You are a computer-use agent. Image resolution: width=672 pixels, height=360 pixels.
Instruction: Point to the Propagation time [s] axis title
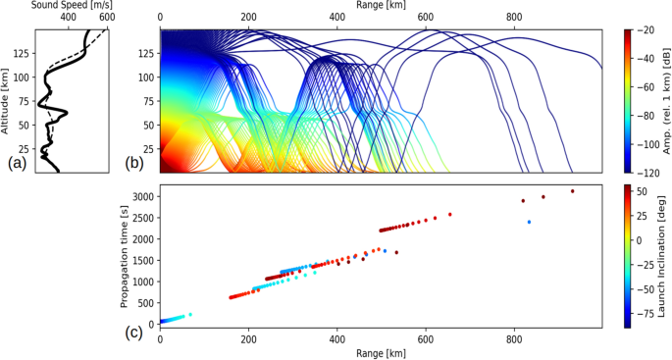[x=125, y=256]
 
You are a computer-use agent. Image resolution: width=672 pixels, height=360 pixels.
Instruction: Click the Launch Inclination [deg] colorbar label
[x=663, y=255]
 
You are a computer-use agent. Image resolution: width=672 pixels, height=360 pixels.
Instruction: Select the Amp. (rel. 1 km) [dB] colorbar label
[x=664, y=101]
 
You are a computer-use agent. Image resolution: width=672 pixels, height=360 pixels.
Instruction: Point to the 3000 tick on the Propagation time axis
[x=144, y=197]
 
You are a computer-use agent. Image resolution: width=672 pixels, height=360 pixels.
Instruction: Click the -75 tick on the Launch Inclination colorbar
[x=646, y=315]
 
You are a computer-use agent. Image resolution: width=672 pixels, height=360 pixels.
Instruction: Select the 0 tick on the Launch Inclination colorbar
[x=642, y=239]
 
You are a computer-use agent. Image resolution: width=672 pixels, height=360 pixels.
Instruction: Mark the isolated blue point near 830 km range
[x=529, y=222]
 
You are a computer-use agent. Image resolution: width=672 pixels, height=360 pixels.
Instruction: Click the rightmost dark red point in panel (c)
[x=572, y=191]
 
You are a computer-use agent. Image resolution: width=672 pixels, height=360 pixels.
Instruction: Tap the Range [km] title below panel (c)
[x=381, y=352]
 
